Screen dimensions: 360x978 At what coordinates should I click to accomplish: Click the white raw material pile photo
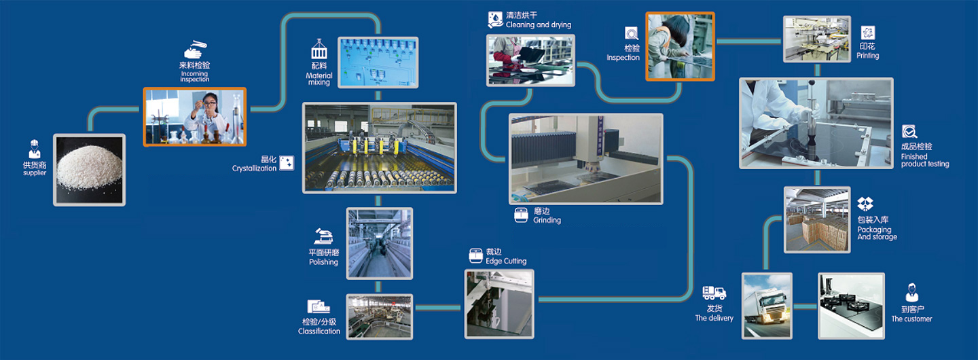90,170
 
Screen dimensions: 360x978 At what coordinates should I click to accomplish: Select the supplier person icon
35,150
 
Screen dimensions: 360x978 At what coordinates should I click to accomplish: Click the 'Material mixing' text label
319,79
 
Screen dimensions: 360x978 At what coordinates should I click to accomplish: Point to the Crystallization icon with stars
287,163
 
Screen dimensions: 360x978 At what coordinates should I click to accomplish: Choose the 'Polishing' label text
323,262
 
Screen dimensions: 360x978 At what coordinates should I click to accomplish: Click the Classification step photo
380,316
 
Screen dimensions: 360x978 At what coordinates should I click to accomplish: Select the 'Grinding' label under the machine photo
547,220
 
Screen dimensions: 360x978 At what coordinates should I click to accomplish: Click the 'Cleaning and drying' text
539,25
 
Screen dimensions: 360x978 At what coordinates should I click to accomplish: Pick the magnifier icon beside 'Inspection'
632,33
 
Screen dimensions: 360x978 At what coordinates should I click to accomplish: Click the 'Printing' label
867,56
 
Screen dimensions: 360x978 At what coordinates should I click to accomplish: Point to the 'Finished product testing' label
924,160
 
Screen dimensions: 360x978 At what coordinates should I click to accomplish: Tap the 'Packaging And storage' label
877,233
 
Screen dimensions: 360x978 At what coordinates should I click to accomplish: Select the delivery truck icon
714,293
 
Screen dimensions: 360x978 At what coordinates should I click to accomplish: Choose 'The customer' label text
911,319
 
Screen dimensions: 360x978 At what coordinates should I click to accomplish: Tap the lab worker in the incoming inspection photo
205,115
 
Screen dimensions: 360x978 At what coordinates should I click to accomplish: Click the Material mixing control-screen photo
378,62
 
